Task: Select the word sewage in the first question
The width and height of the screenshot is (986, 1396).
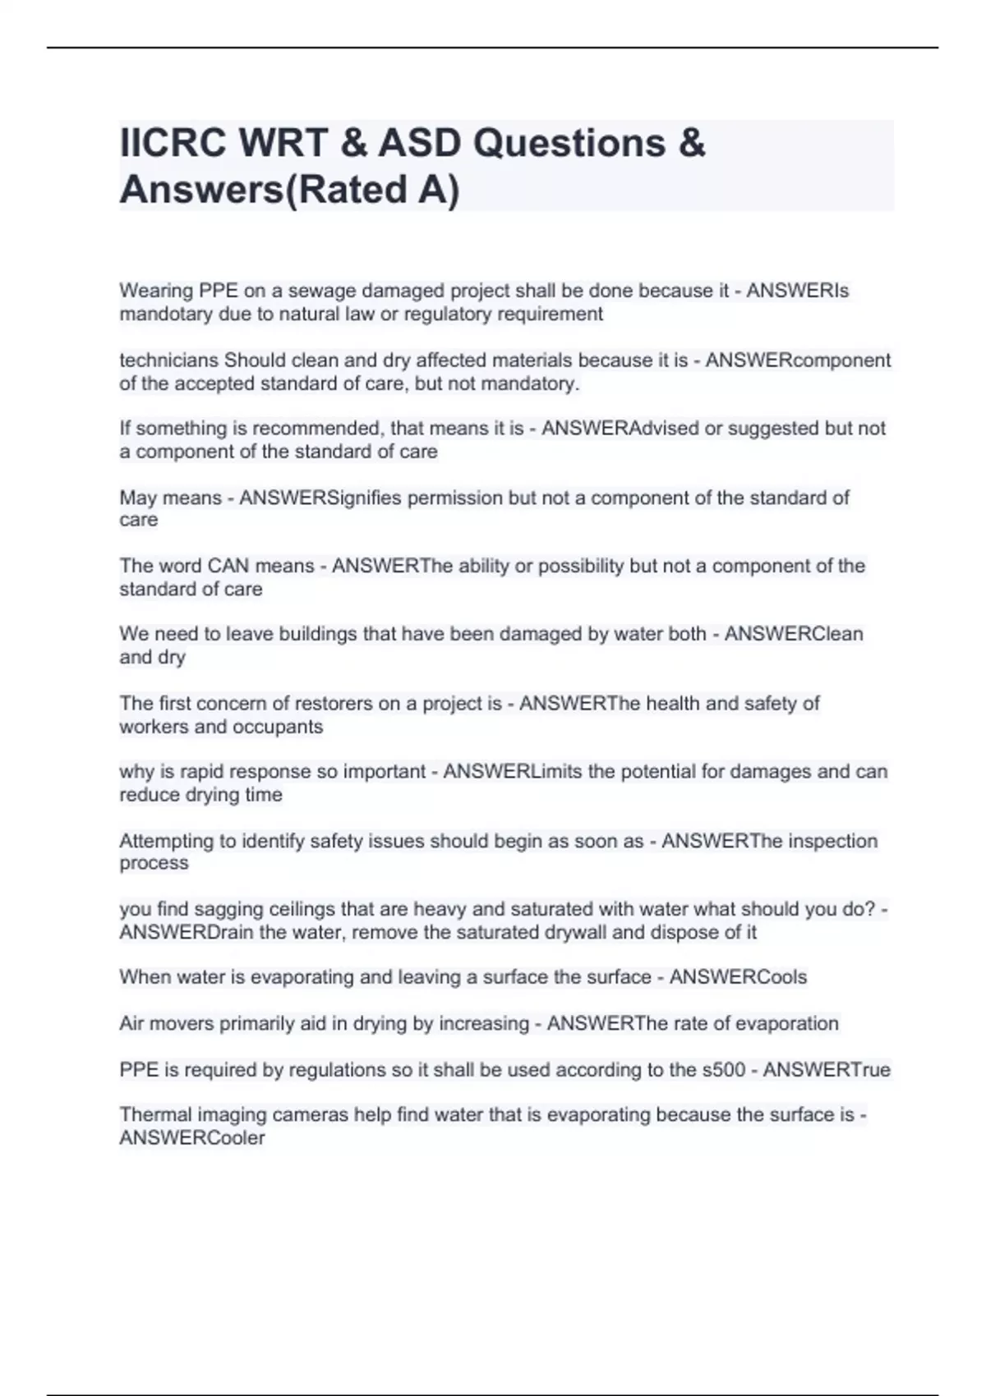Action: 321,291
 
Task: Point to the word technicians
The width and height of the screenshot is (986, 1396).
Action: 169,360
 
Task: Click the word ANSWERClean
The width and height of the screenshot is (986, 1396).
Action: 794,634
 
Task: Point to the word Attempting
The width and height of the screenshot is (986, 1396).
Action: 167,841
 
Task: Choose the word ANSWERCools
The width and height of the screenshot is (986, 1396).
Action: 738,977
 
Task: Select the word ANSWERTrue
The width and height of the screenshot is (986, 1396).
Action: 827,1070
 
